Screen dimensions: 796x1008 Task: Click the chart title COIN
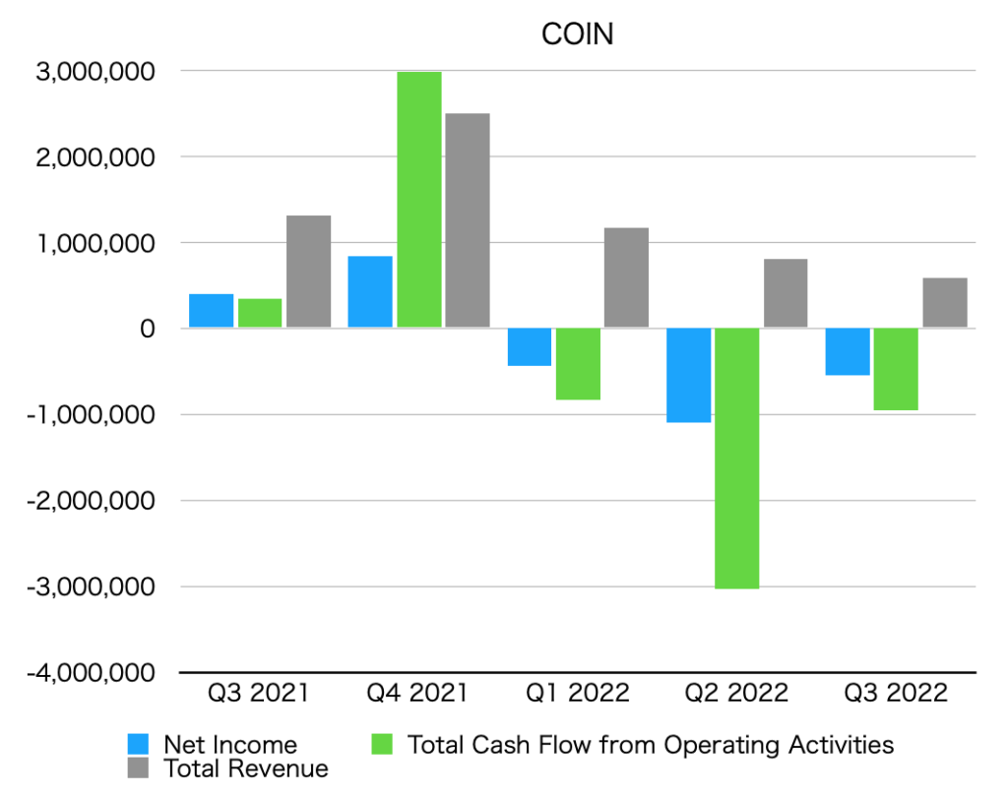(578, 34)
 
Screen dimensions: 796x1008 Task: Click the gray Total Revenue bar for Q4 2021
(467, 220)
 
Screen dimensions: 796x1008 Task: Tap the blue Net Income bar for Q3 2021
(211, 311)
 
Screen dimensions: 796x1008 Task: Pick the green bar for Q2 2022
(736, 458)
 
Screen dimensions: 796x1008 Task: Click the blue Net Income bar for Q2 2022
(688, 375)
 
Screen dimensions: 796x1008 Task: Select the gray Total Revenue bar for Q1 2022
(626, 277)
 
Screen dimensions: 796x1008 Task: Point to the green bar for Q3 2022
(896, 369)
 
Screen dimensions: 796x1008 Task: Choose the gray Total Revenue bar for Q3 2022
(944, 303)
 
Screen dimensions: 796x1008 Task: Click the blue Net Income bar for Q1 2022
(530, 346)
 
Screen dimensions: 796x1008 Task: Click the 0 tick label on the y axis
(147, 329)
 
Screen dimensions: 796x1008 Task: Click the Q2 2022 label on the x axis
(735, 694)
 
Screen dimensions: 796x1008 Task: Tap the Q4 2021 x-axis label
(417, 694)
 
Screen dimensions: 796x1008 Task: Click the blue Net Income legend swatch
(140, 745)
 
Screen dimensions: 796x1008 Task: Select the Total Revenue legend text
(246, 767)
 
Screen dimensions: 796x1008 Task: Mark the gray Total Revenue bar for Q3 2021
(308, 272)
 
